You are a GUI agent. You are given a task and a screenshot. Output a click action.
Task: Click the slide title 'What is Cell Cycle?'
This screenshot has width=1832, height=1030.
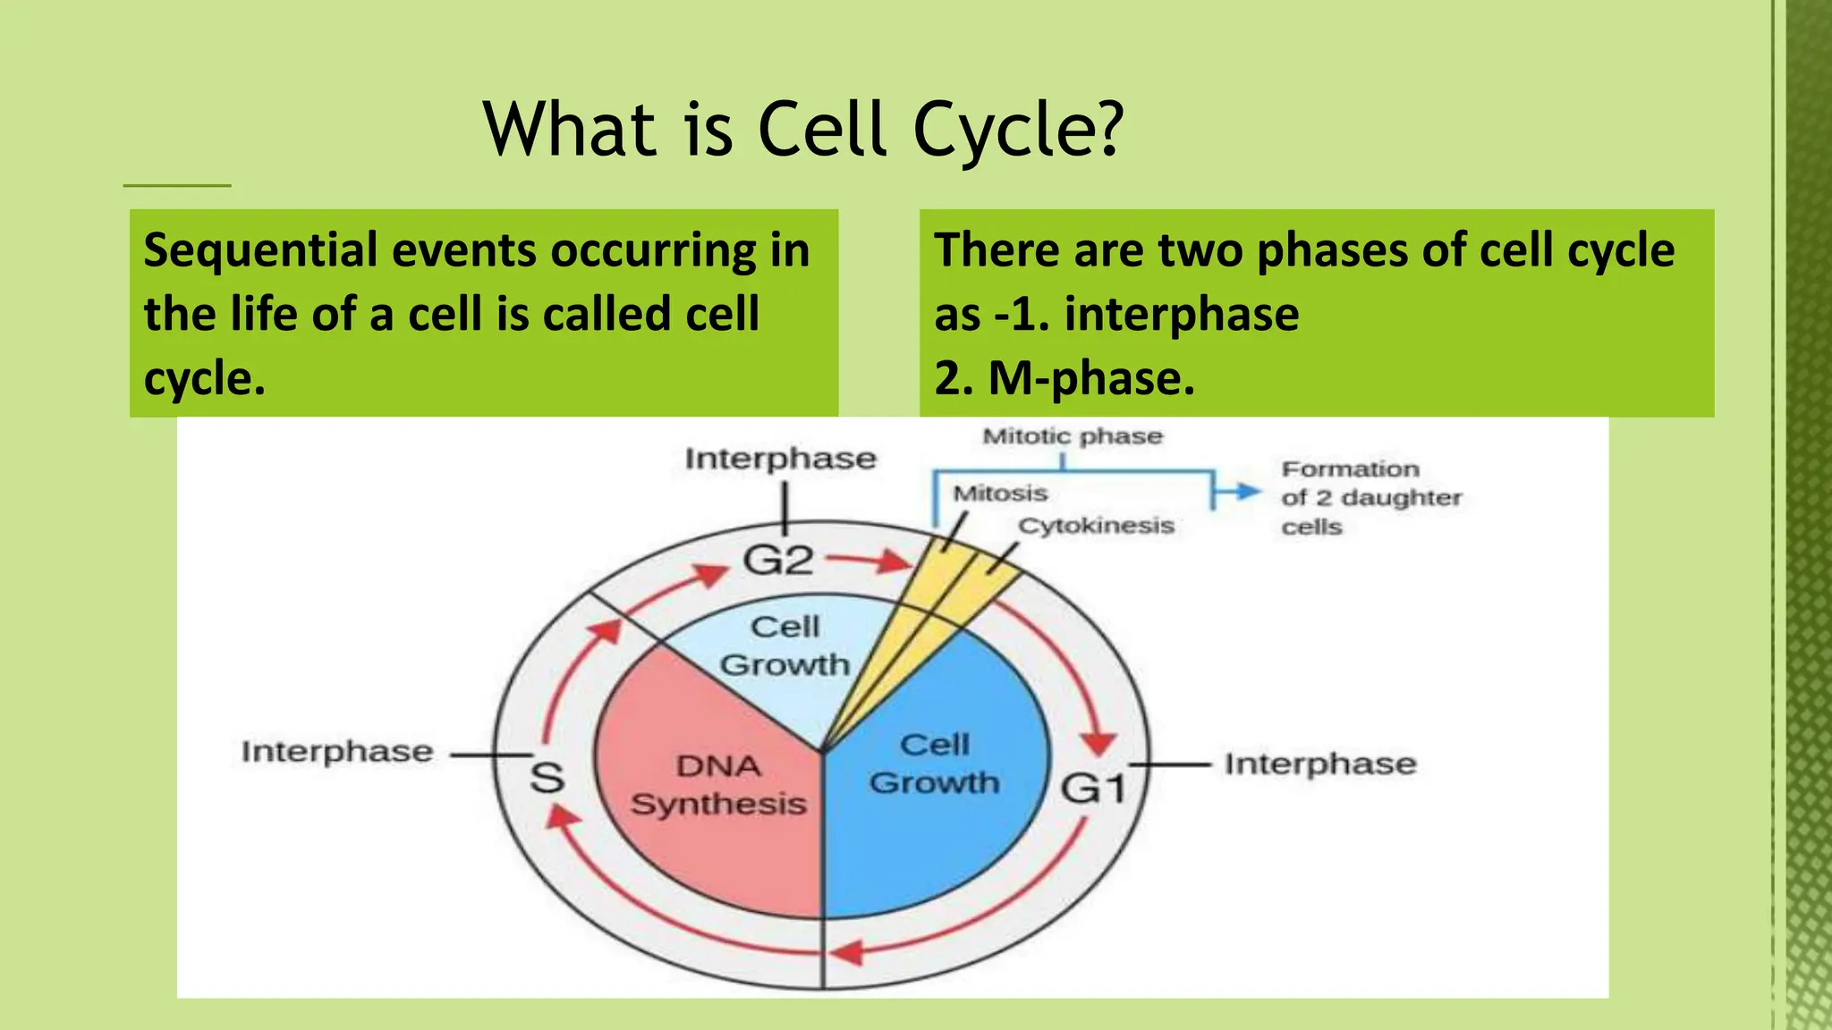coord(802,130)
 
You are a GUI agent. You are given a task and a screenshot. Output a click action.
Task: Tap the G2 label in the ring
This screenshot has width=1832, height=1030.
coord(778,561)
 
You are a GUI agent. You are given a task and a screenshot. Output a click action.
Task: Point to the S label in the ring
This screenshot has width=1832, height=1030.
coord(547,776)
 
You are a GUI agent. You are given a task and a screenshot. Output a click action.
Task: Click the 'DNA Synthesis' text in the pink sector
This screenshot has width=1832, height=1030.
coord(718,785)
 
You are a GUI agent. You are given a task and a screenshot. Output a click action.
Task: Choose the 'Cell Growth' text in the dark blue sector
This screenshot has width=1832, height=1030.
coord(934,764)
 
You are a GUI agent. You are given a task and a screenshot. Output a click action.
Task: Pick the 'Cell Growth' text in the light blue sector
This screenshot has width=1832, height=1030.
coord(785,646)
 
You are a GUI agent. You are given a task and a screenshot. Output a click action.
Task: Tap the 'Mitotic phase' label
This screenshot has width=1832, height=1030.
coord(1072,436)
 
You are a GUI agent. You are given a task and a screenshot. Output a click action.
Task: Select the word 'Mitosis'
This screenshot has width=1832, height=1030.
coord(999,494)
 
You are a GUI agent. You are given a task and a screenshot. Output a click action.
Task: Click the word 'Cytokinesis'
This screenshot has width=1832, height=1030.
coord(1096,526)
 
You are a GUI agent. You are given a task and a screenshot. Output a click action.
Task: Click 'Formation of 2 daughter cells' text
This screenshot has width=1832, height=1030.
coord(1369,497)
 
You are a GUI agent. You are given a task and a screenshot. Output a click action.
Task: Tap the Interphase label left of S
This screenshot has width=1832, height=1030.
coord(336,752)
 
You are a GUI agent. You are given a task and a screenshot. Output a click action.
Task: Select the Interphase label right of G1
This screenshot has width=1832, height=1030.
coord(1319,764)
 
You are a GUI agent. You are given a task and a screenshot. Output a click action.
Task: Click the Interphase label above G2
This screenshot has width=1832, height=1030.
coord(780,459)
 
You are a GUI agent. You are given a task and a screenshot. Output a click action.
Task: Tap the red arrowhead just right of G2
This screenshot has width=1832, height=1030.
coord(895,562)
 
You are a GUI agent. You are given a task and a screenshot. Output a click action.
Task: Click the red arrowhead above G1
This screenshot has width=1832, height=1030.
coord(1098,742)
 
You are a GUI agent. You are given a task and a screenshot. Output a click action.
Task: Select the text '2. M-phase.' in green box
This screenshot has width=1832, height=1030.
coord(1064,378)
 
